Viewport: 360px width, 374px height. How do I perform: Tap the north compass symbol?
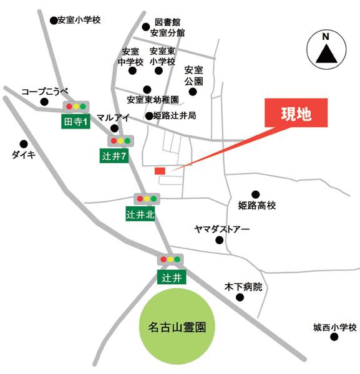tap(326, 49)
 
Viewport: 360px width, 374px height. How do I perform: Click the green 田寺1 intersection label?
tap(77, 122)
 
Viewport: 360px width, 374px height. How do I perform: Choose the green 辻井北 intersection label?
tap(140, 215)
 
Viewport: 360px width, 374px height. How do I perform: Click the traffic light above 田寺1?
tap(75, 107)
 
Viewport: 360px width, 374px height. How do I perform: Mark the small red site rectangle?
tap(160, 171)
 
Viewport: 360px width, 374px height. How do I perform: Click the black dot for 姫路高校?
tap(255, 194)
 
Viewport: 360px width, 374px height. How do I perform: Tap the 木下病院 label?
tap(244, 287)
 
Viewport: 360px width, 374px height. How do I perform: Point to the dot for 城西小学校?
tap(334, 337)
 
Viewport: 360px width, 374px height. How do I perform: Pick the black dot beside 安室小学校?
tap(52, 21)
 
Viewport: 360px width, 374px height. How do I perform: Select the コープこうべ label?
tap(44, 91)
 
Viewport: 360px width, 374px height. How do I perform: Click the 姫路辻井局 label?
tap(175, 116)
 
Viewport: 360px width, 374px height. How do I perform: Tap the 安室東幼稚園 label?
tap(152, 100)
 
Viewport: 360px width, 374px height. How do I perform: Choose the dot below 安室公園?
tap(193, 92)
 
